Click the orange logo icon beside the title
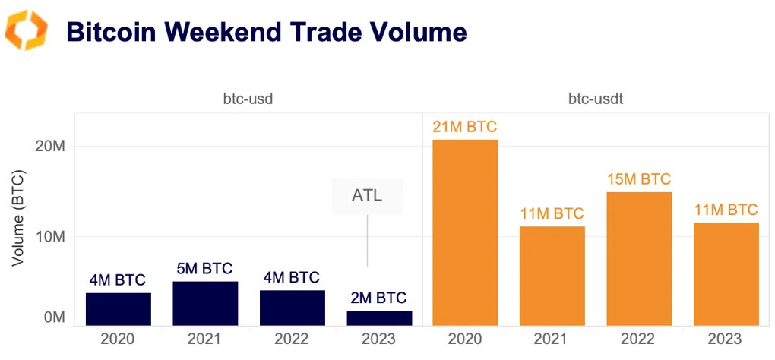click(x=26, y=31)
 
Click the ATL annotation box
click(x=367, y=196)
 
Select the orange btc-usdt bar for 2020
click(x=465, y=232)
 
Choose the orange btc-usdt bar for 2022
click(x=639, y=259)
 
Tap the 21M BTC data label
click(x=465, y=127)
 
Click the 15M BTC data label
click(x=639, y=179)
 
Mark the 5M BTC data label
click(x=205, y=268)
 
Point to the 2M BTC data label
click(x=379, y=298)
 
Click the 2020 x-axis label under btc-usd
click(x=118, y=339)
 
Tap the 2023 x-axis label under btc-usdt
click(x=726, y=339)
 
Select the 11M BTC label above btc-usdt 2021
click(x=552, y=213)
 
